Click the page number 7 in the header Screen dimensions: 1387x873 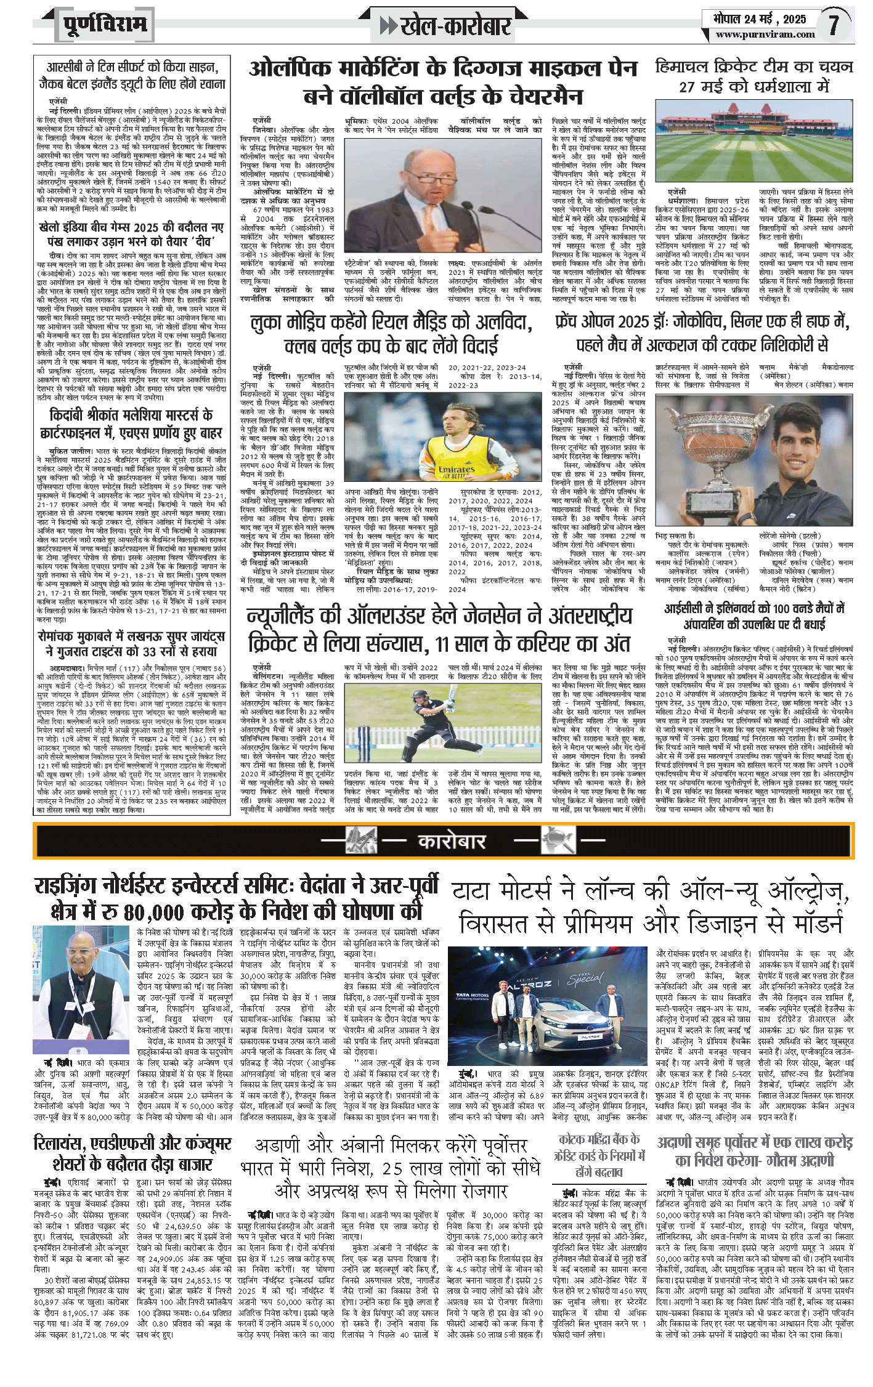click(x=834, y=25)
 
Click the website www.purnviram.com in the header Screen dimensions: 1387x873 click(x=765, y=35)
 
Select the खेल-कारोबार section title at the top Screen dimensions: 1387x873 click(x=455, y=26)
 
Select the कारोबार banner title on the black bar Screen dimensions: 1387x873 click(x=452, y=841)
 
